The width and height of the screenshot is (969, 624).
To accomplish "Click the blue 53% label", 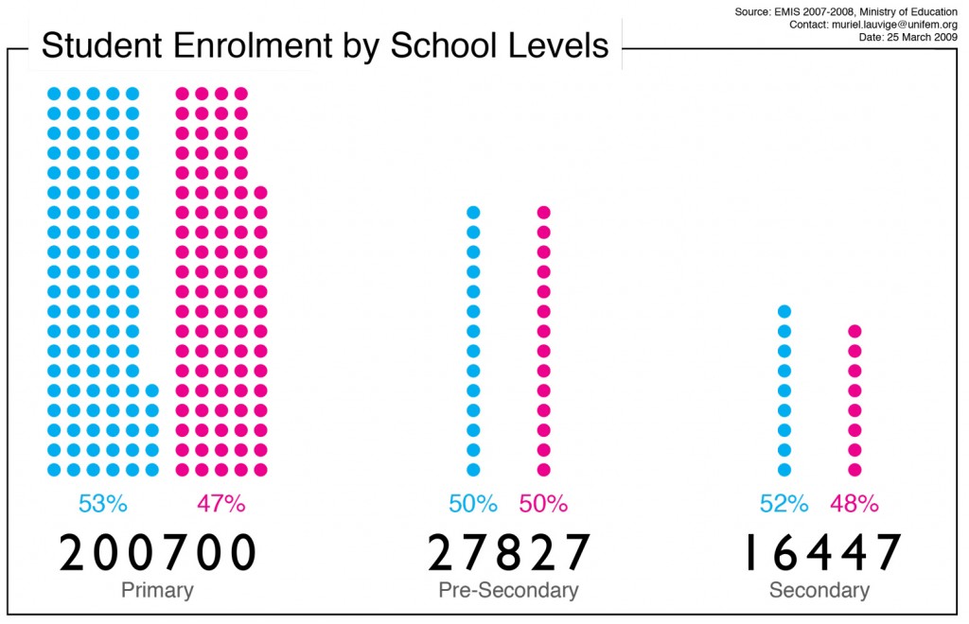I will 102,503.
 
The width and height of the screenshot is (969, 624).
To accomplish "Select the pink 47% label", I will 221,503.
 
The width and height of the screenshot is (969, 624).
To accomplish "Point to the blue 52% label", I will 784,503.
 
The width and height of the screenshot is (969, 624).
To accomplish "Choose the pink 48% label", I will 854,503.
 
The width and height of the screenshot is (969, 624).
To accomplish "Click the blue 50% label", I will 473,503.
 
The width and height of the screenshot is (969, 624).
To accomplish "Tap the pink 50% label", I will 543,503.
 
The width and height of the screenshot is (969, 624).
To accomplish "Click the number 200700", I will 158,553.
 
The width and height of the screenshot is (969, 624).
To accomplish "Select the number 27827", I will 509,553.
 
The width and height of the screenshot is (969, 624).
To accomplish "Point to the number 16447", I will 819,553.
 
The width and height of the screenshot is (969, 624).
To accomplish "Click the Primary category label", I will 157,591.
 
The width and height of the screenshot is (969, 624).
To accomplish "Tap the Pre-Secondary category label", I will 508,591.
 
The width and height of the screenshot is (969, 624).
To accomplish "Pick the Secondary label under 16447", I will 819,591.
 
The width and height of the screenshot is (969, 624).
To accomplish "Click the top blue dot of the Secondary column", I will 784,311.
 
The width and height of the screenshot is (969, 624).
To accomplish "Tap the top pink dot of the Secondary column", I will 854,331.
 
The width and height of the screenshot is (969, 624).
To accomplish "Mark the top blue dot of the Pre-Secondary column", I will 473,212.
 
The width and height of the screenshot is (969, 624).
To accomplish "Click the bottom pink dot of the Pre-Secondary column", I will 543,469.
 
